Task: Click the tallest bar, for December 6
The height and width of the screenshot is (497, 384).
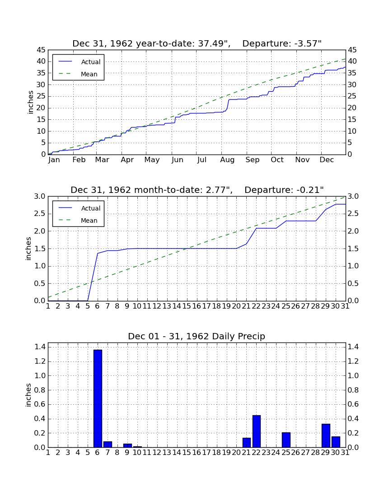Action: click(x=98, y=399)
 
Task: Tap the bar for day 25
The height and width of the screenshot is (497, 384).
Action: click(x=286, y=440)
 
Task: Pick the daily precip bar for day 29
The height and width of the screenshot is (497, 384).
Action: click(x=326, y=436)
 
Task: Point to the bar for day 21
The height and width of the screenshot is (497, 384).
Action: click(x=247, y=443)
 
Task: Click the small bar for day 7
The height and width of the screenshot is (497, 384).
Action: click(x=108, y=445)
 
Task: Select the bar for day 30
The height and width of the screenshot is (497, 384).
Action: click(x=336, y=442)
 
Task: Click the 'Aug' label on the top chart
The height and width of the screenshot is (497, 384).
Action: click(x=227, y=160)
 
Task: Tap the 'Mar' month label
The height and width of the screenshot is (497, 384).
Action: click(x=102, y=160)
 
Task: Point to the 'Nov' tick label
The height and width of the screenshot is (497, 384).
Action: click(x=302, y=160)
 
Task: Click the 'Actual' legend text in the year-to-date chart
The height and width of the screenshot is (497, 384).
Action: click(x=91, y=62)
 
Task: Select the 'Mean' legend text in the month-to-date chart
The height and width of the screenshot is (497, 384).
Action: click(x=89, y=220)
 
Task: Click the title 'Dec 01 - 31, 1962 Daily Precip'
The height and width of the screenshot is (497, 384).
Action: click(x=197, y=336)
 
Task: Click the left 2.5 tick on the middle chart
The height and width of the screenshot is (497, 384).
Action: click(x=40, y=214)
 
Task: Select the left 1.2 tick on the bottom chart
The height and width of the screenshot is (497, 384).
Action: click(x=40, y=361)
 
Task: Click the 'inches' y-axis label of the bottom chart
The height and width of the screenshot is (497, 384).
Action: click(x=28, y=395)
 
